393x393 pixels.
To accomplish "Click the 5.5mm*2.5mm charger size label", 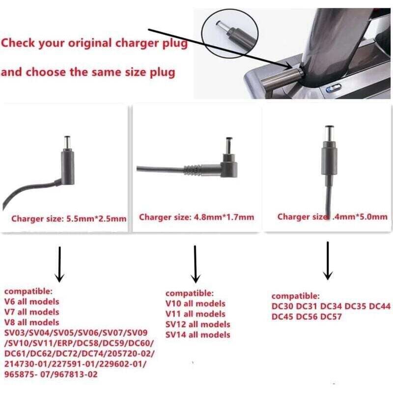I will (69, 219).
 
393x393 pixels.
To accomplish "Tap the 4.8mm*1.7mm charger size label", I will (196, 217).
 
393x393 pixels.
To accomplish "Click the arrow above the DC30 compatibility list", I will (326, 261).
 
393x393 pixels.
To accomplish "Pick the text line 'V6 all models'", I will (31, 301).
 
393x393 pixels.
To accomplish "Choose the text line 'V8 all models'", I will (31, 322).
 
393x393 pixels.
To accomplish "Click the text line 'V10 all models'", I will (196, 303).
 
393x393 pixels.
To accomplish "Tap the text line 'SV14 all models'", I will (197, 335).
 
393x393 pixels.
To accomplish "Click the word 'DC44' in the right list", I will (380, 307).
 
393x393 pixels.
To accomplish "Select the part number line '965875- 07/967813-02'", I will (51, 375).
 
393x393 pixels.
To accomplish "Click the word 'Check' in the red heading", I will (18, 43).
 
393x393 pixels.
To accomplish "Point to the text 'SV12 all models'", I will (197, 324).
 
